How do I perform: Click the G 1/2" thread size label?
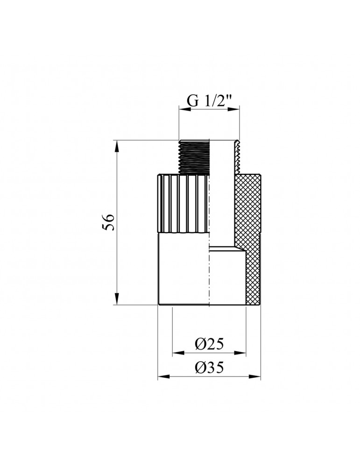209,101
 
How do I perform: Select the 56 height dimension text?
108,222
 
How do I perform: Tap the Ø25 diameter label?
209,344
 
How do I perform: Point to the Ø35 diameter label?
209,368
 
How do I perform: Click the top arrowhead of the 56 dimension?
117,146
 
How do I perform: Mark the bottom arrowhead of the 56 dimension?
117,299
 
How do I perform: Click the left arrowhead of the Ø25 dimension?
179,353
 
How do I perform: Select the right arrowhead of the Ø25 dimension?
240,353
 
